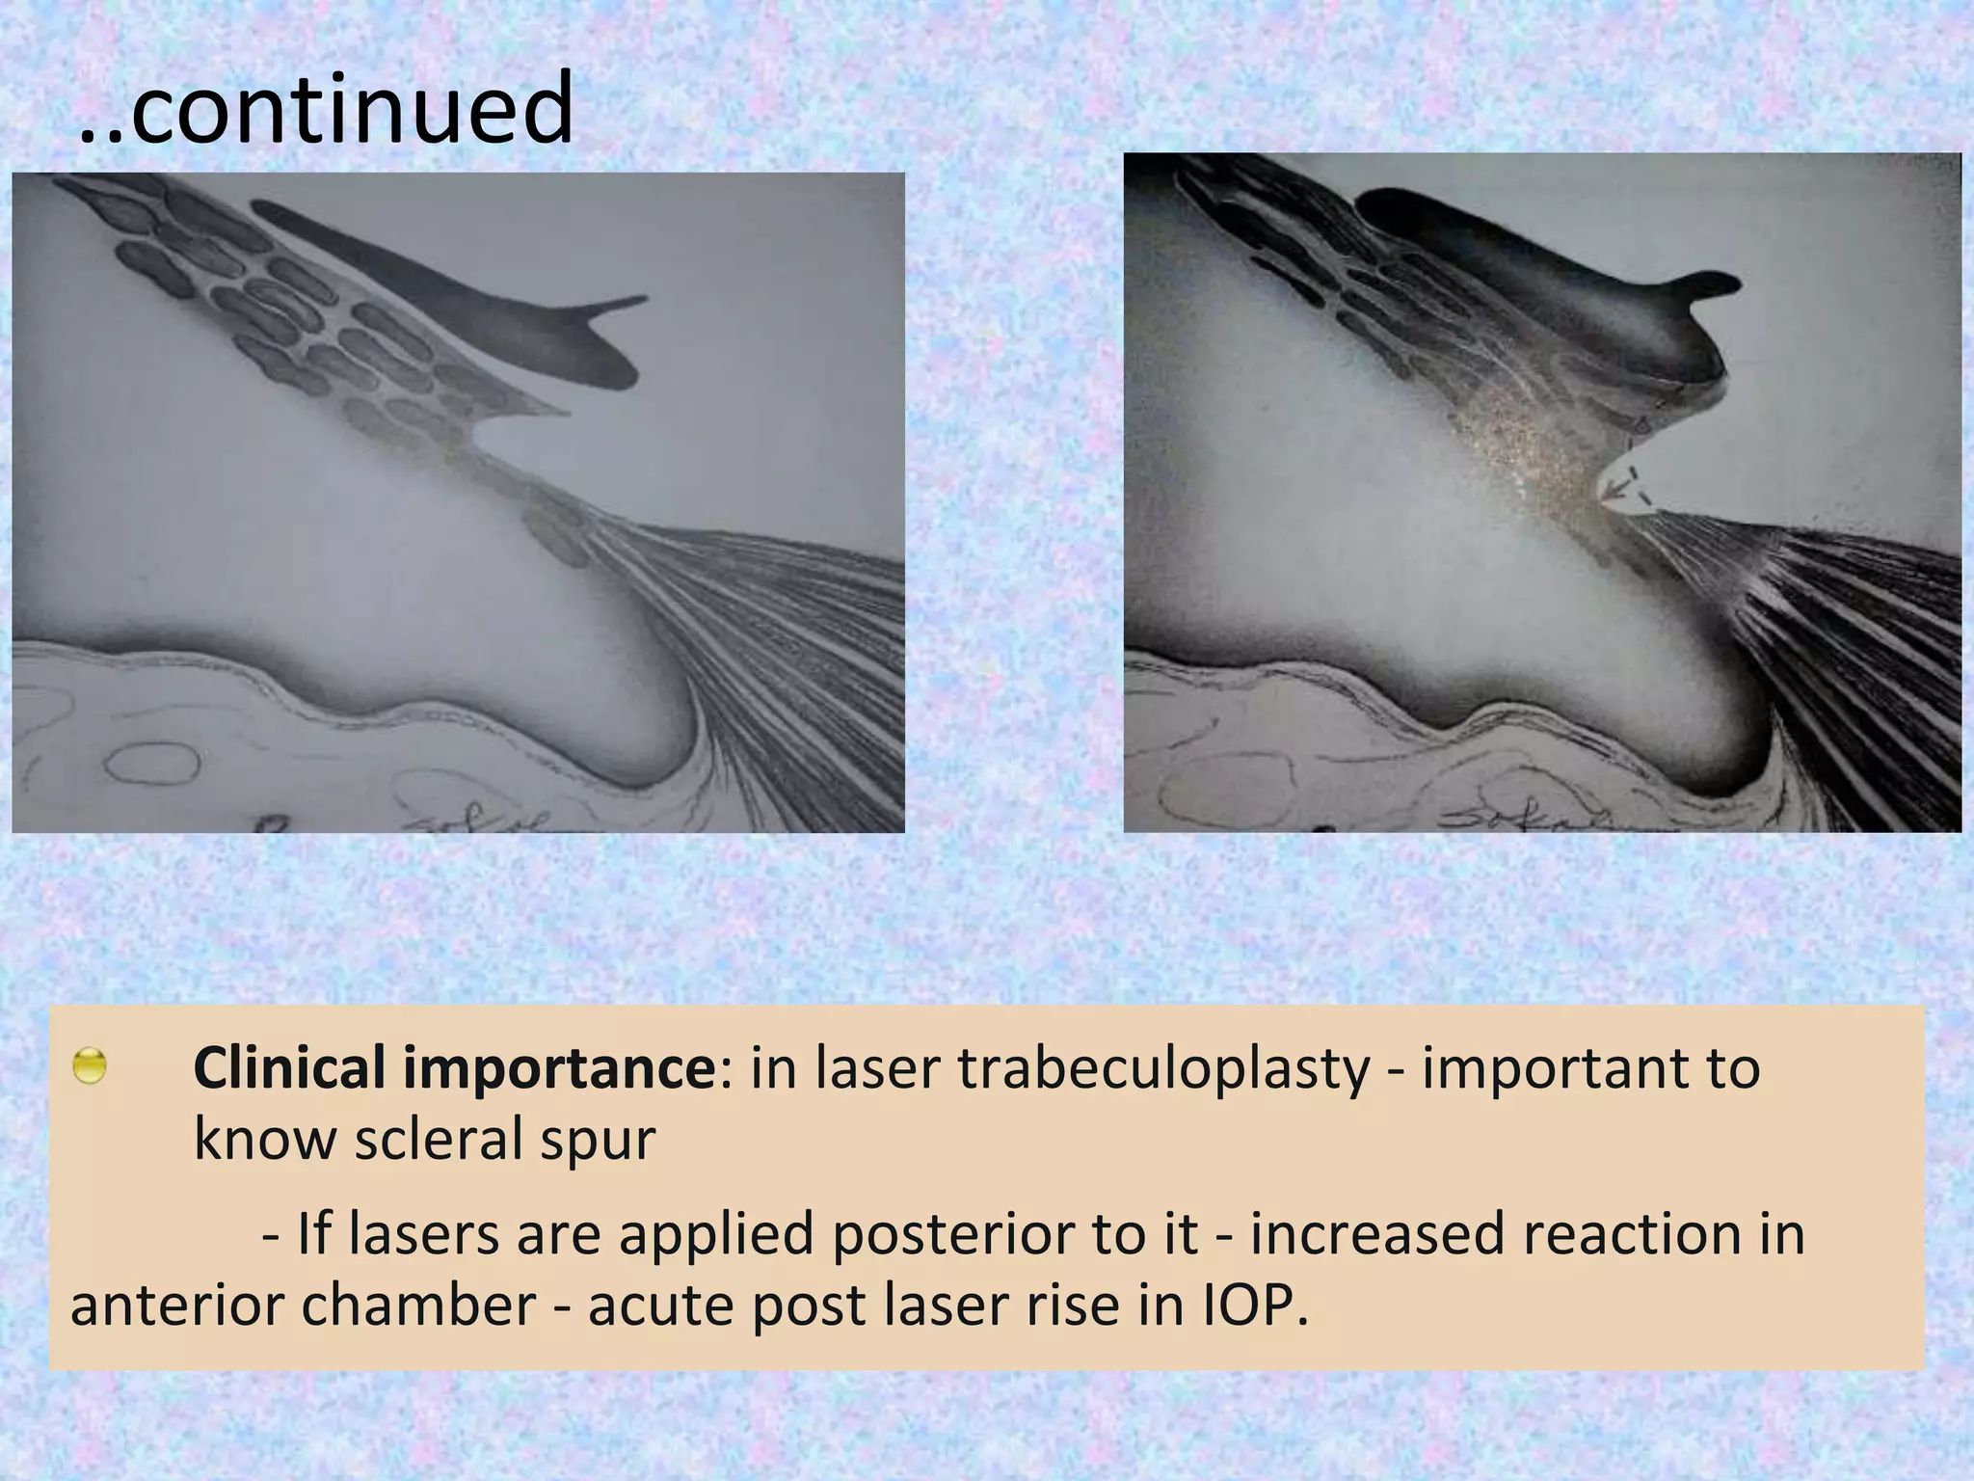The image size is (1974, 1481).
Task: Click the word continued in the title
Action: (x=352, y=108)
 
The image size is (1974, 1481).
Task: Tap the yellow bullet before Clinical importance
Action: (x=90, y=1066)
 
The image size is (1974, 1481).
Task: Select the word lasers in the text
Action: (x=424, y=1234)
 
